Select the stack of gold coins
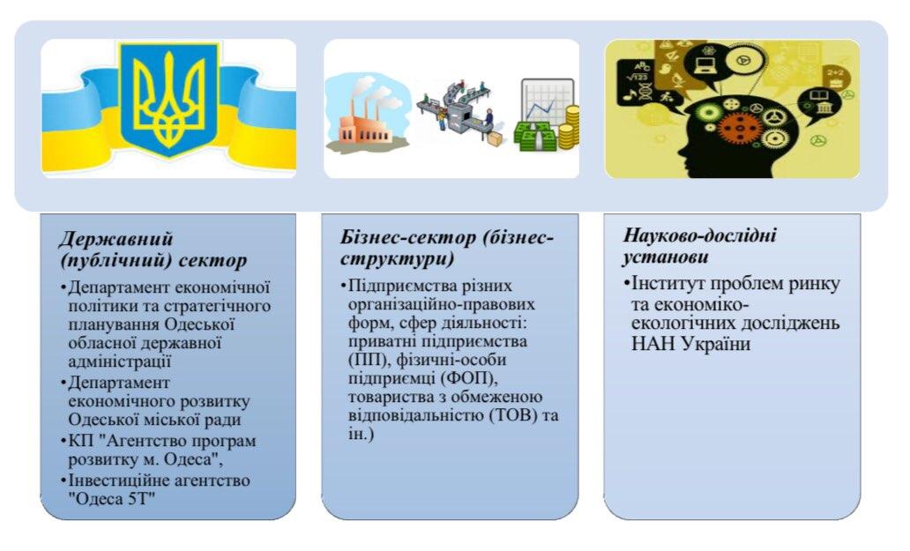pos(569,128)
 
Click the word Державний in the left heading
pos(116,239)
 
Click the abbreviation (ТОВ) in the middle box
pos(514,415)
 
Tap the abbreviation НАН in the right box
pos(653,344)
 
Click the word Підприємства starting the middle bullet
pos(401,287)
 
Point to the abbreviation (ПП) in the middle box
pos(368,360)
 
